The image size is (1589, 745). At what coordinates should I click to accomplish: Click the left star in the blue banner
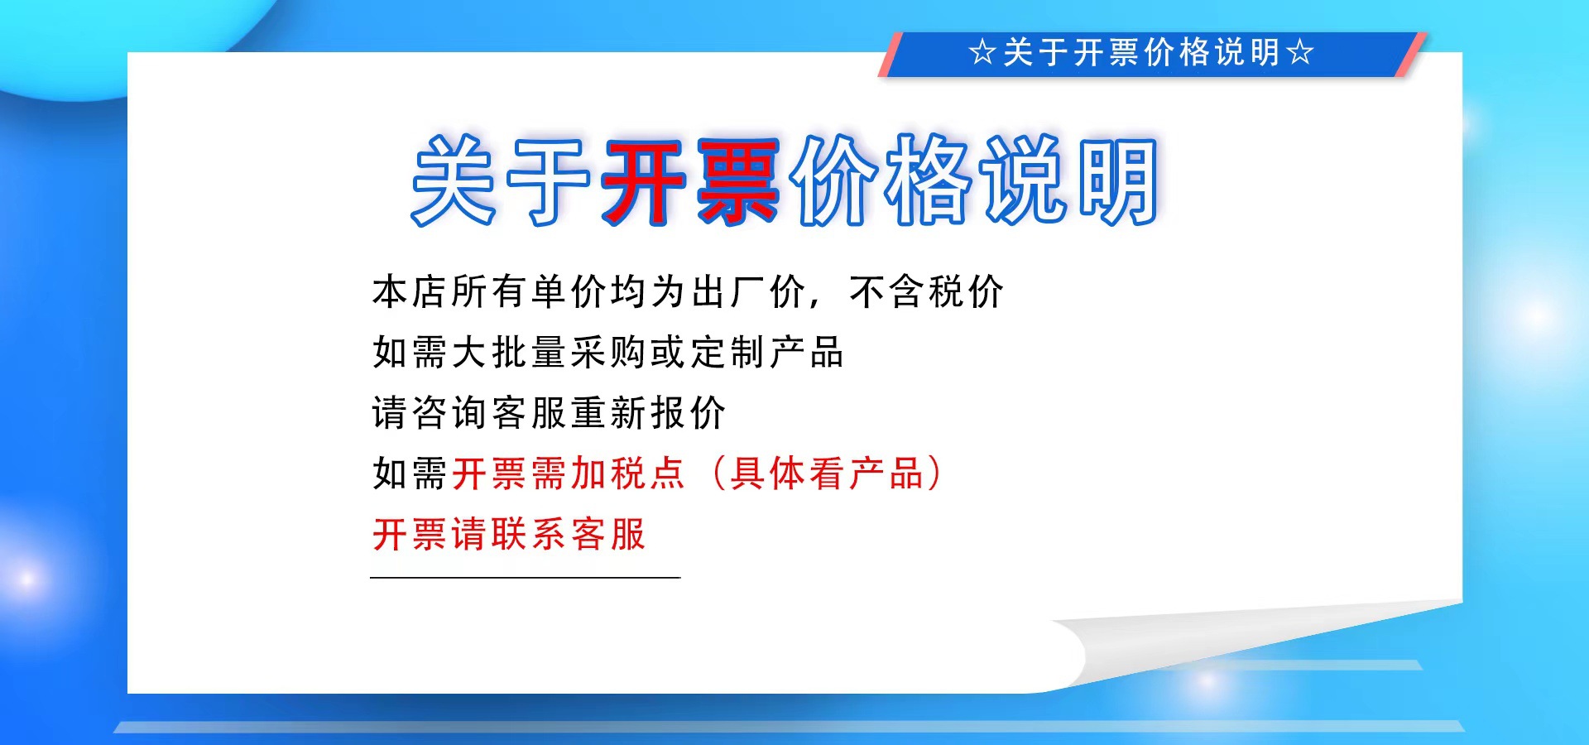tap(982, 53)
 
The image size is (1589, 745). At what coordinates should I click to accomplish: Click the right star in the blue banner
tap(1301, 53)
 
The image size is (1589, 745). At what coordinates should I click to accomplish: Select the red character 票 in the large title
tap(737, 180)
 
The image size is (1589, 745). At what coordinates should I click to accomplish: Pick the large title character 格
tap(927, 180)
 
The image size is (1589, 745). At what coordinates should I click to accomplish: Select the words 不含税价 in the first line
tap(926, 292)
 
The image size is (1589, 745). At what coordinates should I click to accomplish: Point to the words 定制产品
tap(766, 353)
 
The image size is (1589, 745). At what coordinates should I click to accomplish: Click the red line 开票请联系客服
tap(509, 534)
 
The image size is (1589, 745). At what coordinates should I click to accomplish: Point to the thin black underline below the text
tap(525, 577)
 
